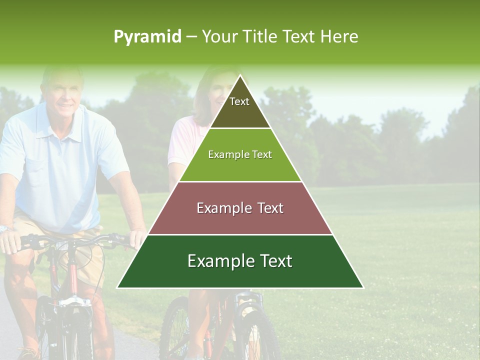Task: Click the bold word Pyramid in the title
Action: point(147,37)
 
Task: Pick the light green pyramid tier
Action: point(240,155)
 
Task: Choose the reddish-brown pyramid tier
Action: point(240,208)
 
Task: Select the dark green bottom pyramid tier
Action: point(240,261)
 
